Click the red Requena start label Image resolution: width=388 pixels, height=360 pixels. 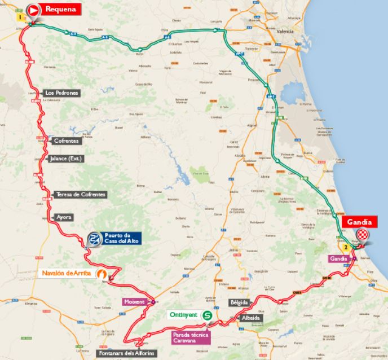coord(61,9)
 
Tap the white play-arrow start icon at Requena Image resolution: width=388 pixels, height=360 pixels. coord(34,9)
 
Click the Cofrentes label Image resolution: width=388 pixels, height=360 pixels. coord(67,141)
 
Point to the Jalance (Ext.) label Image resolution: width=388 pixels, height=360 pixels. coord(66,159)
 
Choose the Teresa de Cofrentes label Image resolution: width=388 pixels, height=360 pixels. coord(81,195)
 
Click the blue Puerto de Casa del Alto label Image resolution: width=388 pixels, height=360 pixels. coord(121,238)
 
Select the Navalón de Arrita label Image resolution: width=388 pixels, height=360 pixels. coord(66,274)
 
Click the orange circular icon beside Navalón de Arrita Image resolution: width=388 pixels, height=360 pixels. coord(103,274)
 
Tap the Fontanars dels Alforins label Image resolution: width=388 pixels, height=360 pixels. coord(125,353)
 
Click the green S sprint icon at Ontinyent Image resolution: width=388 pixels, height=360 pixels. coord(207,316)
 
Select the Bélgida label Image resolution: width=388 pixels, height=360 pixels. coord(239,302)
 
